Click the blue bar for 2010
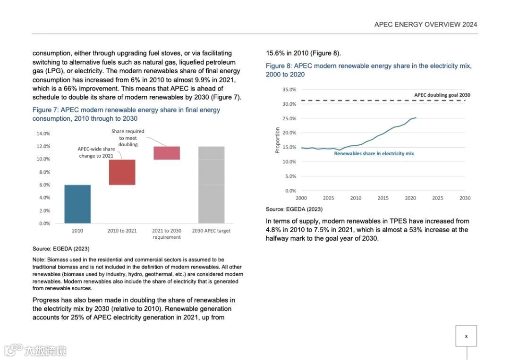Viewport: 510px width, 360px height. tap(77, 204)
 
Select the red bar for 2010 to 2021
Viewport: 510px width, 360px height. tap(122, 172)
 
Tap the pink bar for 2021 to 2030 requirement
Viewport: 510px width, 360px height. tap(167, 153)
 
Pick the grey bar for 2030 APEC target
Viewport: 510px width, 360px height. tap(211, 184)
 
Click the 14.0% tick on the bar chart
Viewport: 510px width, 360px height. tap(43, 134)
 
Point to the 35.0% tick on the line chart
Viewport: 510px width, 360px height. tap(289, 90)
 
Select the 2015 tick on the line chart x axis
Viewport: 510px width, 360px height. tap(383, 198)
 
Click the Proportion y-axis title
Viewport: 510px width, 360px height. tap(278, 140)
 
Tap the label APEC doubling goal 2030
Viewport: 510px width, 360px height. tap(442, 95)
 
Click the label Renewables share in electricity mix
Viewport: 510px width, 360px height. tap(374, 153)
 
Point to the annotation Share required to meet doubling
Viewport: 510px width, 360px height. tap(128, 138)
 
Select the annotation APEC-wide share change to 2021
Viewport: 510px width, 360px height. tap(96, 152)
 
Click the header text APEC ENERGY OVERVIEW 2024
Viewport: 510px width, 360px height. tap(425, 25)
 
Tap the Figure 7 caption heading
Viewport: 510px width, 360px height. tap(126, 114)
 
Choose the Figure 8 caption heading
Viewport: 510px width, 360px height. tap(368, 70)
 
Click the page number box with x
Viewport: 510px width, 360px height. tap(466, 336)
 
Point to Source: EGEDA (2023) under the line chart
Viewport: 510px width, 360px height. tap(294, 209)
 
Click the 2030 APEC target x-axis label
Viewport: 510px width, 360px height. tap(211, 231)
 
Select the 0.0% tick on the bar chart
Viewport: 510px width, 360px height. tap(44, 224)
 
